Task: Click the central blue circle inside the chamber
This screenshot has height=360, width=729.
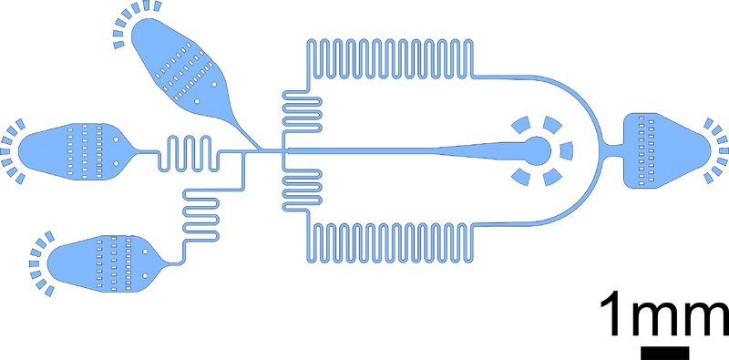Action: (535, 149)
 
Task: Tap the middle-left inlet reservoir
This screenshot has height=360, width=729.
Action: (73, 148)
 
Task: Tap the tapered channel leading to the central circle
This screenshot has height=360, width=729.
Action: (456, 149)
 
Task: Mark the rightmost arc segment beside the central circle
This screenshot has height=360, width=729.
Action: (566, 150)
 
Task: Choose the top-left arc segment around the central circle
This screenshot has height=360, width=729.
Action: (522, 124)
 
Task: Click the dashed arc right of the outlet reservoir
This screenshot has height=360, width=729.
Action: (717, 149)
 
